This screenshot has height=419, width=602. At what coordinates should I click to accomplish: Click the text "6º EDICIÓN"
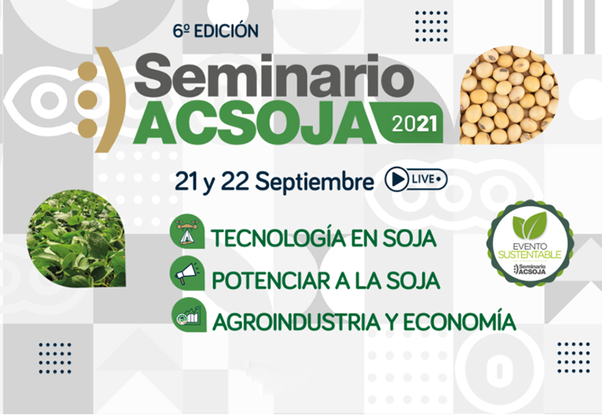point(215,31)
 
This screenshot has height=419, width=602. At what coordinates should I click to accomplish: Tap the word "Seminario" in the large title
point(274,75)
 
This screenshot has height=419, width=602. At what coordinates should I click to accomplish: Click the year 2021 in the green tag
point(415,124)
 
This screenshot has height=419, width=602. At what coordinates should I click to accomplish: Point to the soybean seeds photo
point(509,95)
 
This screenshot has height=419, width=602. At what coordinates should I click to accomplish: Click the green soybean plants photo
point(77,238)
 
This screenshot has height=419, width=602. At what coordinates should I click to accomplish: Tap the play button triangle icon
point(397,179)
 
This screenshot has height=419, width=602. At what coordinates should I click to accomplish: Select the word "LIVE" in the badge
point(423,179)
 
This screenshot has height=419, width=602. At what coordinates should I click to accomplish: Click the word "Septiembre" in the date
point(314,181)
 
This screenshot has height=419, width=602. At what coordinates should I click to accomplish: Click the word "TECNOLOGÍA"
point(273,238)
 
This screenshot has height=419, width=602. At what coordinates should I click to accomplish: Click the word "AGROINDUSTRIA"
point(296,322)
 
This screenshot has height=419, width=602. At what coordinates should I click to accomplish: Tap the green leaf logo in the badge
point(530,225)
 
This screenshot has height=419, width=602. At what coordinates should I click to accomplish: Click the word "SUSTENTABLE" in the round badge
point(530,254)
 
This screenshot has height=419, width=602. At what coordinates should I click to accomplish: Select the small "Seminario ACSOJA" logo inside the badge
point(530,269)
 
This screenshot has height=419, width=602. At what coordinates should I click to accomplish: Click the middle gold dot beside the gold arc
point(87,99)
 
